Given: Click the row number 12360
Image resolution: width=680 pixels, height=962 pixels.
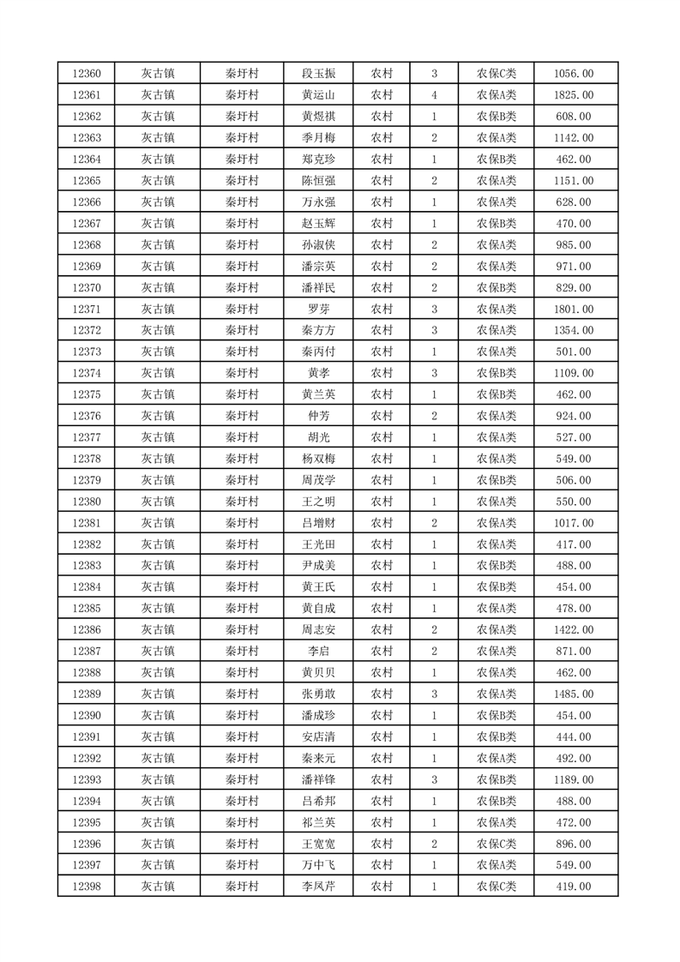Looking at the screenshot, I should (x=87, y=74).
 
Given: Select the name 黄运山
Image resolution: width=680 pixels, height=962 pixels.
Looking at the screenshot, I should (x=318, y=95).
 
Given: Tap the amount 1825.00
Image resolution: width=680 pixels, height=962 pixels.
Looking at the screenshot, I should (x=575, y=95).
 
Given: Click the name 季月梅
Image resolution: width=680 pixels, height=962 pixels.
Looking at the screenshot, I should (x=318, y=138).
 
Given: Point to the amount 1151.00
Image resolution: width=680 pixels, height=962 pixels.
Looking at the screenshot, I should (x=575, y=181).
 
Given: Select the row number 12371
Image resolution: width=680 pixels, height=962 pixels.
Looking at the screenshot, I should (x=87, y=309).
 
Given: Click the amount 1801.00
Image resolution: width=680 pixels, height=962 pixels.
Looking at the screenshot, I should (x=575, y=309).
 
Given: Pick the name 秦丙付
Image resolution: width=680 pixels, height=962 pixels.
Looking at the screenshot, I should (x=318, y=352).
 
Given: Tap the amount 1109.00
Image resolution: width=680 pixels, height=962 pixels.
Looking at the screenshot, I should (x=575, y=373).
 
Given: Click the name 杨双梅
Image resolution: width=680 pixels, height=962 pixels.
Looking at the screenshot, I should (x=318, y=459).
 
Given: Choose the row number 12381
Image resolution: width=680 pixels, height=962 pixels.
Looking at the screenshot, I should (x=87, y=523).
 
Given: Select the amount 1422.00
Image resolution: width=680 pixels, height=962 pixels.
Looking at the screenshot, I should (x=575, y=629).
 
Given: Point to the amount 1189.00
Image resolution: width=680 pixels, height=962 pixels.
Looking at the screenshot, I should (x=575, y=779).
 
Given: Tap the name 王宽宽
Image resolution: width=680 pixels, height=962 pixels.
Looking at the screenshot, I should (x=318, y=844).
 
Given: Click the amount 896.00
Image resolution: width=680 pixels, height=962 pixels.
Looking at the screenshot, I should (x=575, y=844).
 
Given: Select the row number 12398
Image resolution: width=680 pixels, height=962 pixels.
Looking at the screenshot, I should (x=87, y=887).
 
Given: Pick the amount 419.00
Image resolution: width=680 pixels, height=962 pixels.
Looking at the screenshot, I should (x=575, y=887).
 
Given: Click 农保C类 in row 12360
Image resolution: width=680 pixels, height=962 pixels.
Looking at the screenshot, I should (x=496, y=74).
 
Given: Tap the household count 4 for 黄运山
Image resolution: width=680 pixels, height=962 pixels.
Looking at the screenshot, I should (x=435, y=95).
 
